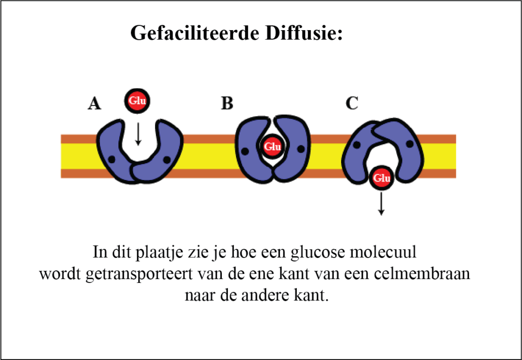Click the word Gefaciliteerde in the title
pos(196,33)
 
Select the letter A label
pos(94,104)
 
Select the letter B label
pos(227,104)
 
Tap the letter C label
pos(352,104)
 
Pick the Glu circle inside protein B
pos(273,147)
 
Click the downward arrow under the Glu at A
pos(138,133)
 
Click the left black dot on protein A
pos(112,160)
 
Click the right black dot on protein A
pos(166,160)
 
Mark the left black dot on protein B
pos(245,150)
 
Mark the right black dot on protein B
pos(300,149)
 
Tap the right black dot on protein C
pos(409,145)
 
